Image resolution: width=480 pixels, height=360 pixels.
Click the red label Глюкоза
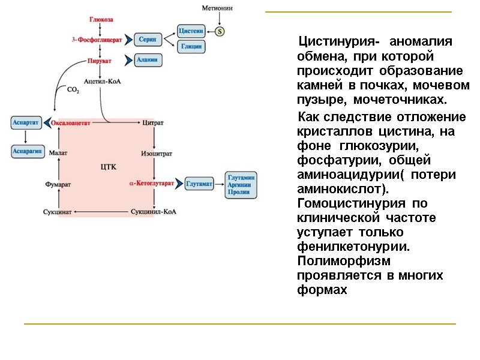(x=101, y=20)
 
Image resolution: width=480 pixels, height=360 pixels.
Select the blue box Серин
(x=148, y=39)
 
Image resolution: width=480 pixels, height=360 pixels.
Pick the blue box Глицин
(x=191, y=46)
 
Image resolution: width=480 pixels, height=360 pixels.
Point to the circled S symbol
(x=220, y=31)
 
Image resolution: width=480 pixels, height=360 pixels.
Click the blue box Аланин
(x=147, y=60)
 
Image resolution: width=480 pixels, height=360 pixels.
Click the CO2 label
(x=73, y=90)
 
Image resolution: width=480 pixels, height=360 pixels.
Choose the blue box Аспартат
(x=26, y=122)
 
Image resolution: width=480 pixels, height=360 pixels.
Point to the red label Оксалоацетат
(x=71, y=123)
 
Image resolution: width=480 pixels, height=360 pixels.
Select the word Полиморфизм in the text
(x=344, y=262)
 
